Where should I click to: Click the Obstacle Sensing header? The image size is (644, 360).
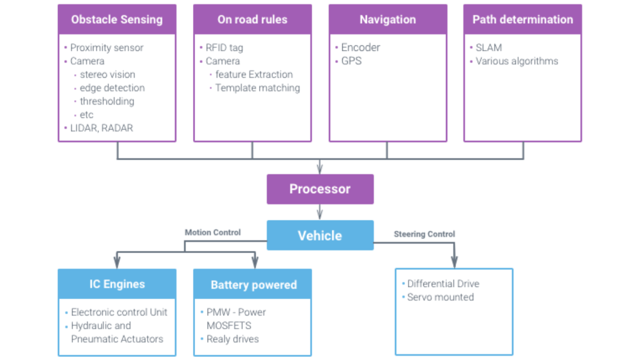pyautogui.click(x=116, y=20)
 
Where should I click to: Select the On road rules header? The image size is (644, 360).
pyautogui.click(x=252, y=20)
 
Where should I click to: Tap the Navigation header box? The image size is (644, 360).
pyautogui.click(x=387, y=20)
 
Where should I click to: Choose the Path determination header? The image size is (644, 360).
pyautogui.click(x=523, y=20)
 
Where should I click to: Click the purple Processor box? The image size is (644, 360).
pyautogui.click(x=319, y=189)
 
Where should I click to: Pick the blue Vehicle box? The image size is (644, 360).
pyautogui.click(x=319, y=235)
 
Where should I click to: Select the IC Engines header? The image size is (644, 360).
pyautogui.click(x=116, y=284)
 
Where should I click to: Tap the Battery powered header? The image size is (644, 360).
pyautogui.click(x=253, y=285)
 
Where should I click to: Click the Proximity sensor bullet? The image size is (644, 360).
pyautogui.click(x=106, y=48)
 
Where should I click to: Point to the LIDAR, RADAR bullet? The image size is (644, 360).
pyautogui.click(x=101, y=128)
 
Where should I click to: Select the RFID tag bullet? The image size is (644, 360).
pyautogui.click(x=224, y=48)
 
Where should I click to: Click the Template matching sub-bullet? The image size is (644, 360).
pyautogui.click(x=257, y=88)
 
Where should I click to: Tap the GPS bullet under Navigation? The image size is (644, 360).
pyautogui.click(x=351, y=61)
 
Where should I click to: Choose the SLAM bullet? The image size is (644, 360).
pyautogui.click(x=489, y=48)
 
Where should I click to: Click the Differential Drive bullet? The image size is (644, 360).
pyautogui.click(x=443, y=284)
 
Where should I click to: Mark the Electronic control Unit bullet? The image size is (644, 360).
pyautogui.click(x=119, y=312)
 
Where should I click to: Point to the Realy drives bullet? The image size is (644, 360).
pyautogui.click(x=232, y=339)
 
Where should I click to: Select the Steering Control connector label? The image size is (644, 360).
pyautogui.click(x=424, y=233)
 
